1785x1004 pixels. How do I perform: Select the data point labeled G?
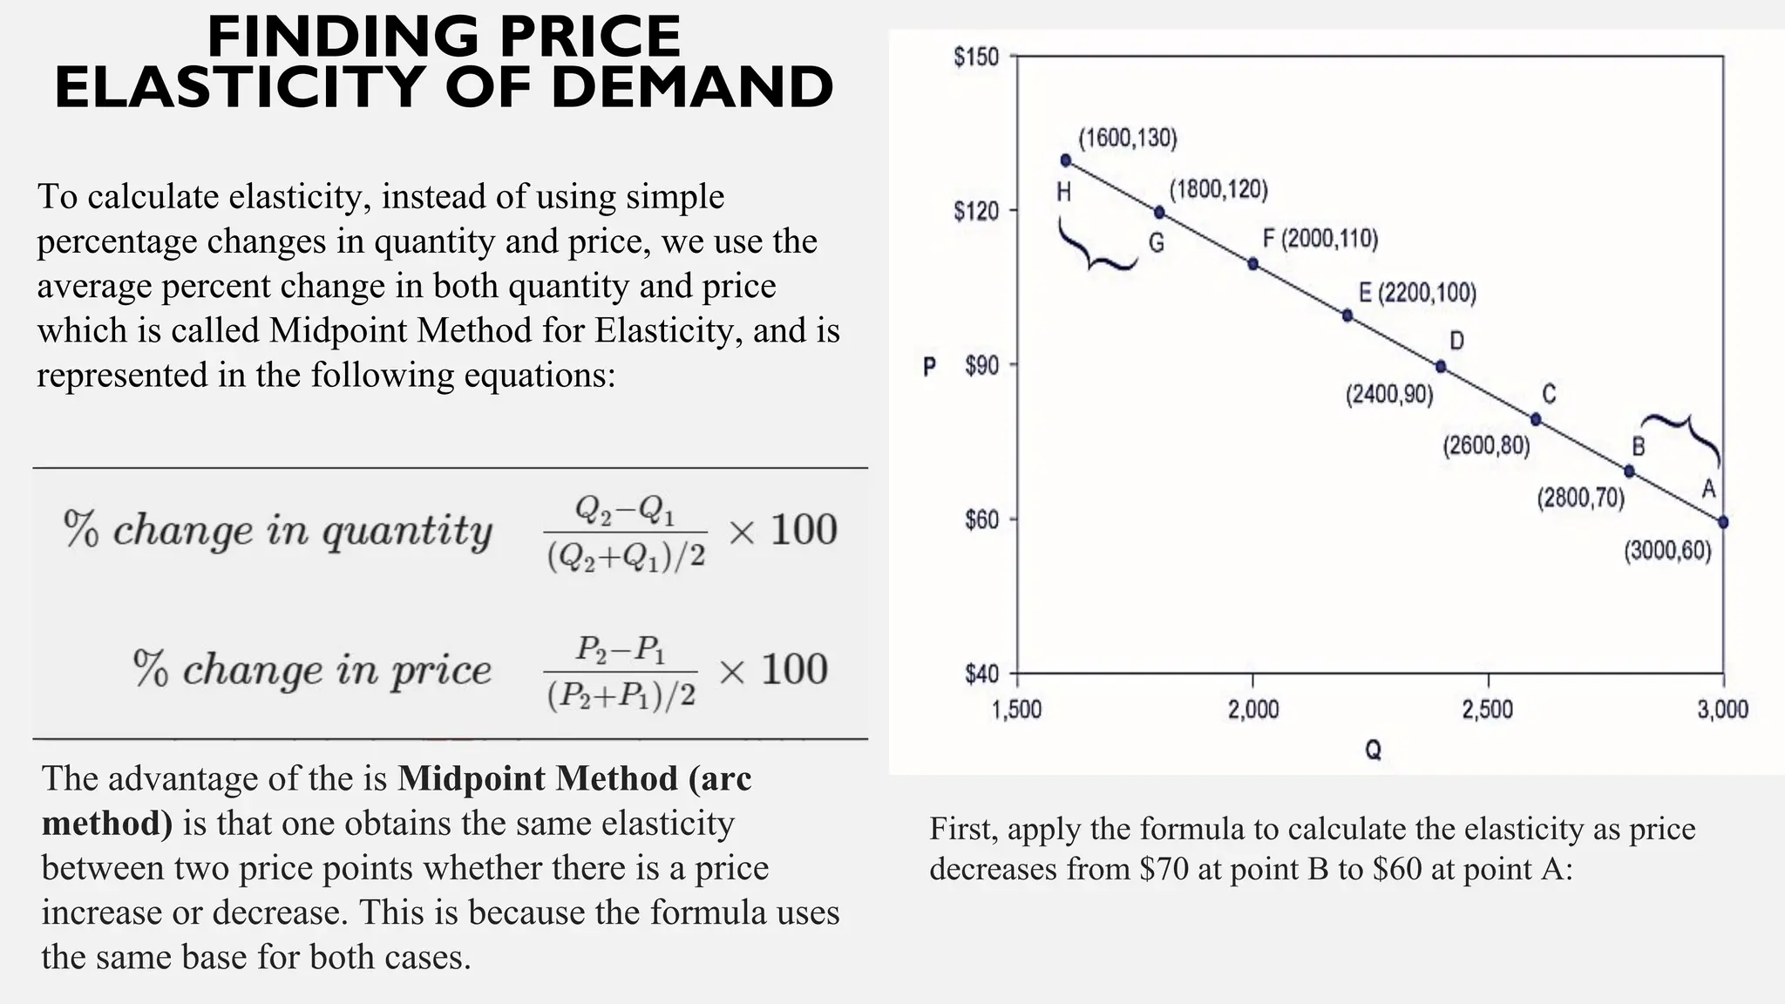1159,213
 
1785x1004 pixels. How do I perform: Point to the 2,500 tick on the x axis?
1488,709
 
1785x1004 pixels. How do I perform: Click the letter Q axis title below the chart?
1373,750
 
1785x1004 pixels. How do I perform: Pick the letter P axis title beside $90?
929,367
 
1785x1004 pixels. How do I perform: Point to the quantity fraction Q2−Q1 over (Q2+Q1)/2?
626,533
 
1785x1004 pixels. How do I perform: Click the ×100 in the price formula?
772,669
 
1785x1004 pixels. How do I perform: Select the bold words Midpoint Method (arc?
574,777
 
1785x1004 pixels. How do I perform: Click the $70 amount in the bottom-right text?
1164,869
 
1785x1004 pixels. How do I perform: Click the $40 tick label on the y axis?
981,674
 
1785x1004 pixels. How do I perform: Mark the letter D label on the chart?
1456,340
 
